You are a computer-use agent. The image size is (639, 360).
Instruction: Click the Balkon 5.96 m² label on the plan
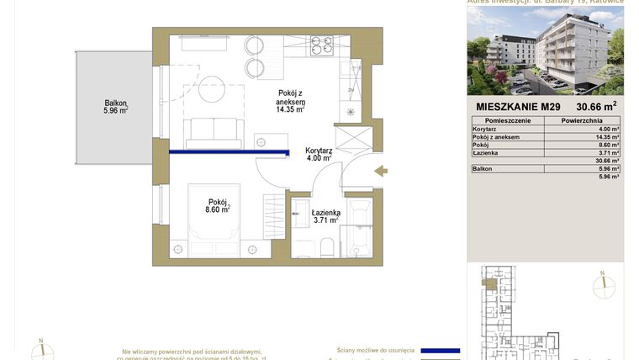click(x=116, y=105)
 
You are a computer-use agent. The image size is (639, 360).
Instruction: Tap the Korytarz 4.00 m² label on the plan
click(x=318, y=153)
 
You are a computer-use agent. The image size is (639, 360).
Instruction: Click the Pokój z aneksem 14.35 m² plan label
click(x=291, y=100)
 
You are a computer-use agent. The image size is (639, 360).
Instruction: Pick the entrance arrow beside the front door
click(x=381, y=172)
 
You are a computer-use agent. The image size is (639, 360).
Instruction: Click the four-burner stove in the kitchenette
click(x=321, y=44)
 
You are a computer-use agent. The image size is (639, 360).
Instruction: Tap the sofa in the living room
click(x=214, y=133)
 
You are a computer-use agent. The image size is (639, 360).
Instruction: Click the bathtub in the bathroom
click(x=361, y=226)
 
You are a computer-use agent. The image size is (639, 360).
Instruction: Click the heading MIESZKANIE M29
click(x=518, y=107)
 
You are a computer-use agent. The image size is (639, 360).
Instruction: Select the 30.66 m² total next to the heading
click(x=596, y=106)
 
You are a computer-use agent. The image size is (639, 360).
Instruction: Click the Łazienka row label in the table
click(x=485, y=152)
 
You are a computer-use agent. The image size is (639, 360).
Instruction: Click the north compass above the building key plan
click(x=604, y=286)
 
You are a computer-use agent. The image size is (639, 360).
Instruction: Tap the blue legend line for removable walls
click(x=440, y=350)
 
